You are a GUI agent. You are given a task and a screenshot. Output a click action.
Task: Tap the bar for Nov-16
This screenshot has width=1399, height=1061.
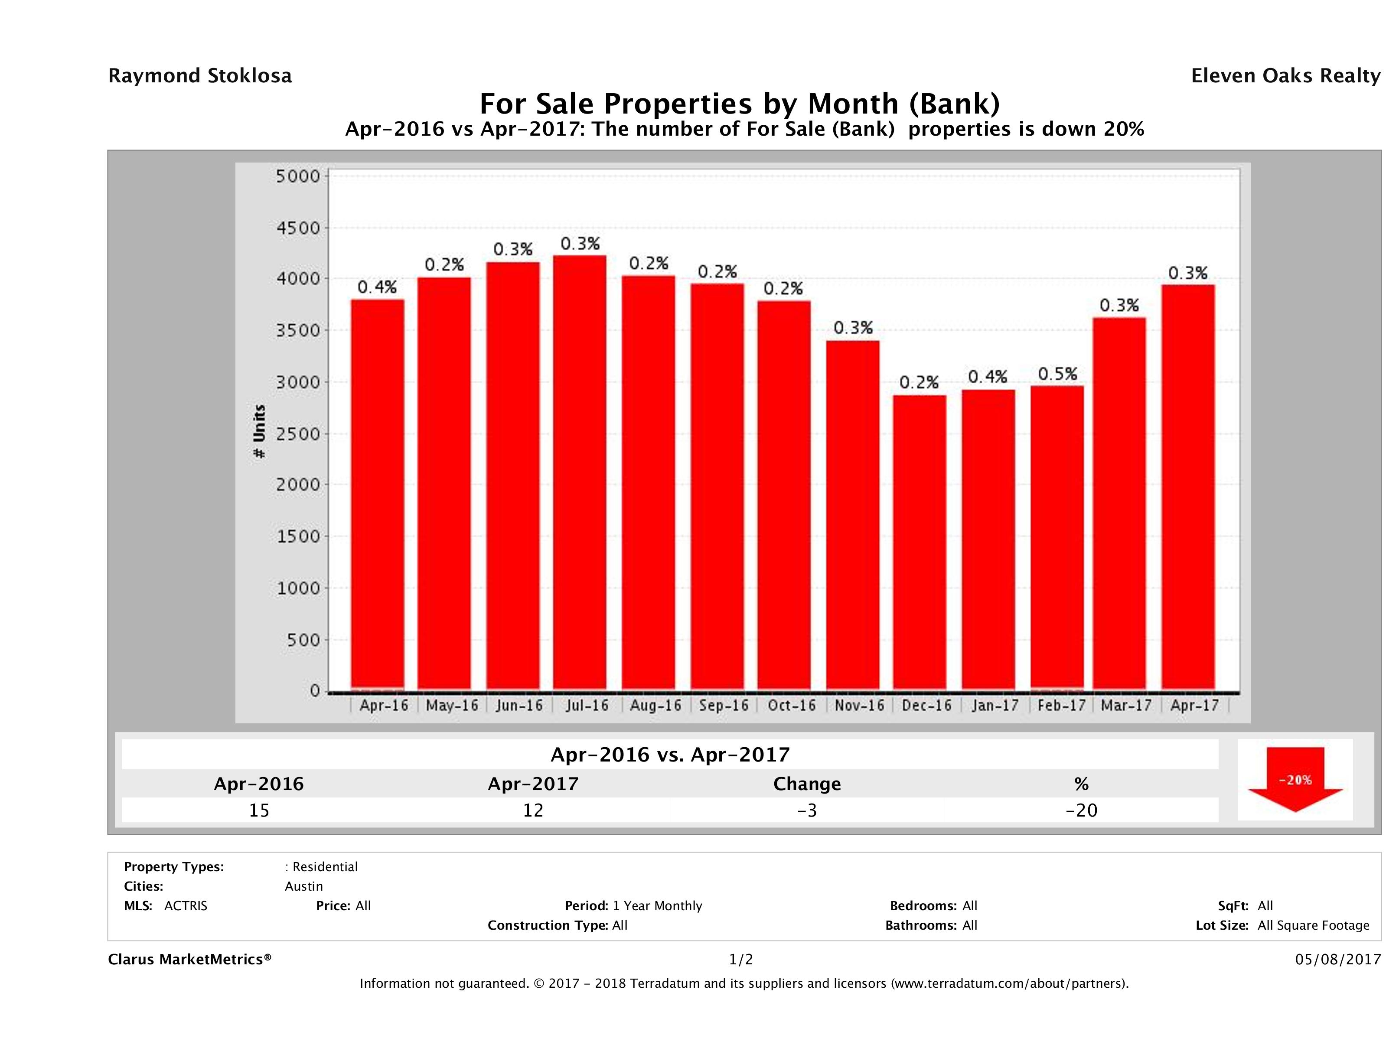coord(853,515)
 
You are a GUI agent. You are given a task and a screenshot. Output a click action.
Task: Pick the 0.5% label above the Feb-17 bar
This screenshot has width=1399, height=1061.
coord(1057,374)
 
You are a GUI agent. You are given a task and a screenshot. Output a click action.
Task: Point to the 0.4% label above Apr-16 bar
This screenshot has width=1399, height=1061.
coord(377,288)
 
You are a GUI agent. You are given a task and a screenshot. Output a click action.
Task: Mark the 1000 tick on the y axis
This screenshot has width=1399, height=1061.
coord(299,589)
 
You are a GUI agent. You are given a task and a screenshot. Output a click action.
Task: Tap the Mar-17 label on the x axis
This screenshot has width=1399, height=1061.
coord(1126,706)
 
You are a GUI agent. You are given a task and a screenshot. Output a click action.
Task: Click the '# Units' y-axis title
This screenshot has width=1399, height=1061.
coord(259,431)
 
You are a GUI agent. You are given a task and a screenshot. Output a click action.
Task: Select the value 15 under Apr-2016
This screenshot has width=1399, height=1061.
coord(259,810)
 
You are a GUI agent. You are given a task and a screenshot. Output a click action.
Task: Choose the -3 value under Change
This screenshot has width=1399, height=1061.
coord(807,810)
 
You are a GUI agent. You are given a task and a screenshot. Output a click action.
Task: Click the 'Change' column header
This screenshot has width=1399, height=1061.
coord(807,784)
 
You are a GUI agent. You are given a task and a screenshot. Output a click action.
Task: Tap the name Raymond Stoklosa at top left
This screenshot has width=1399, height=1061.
coord(200,76)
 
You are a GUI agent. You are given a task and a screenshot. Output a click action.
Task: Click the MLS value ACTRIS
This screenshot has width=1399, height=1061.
coord(185,906)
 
